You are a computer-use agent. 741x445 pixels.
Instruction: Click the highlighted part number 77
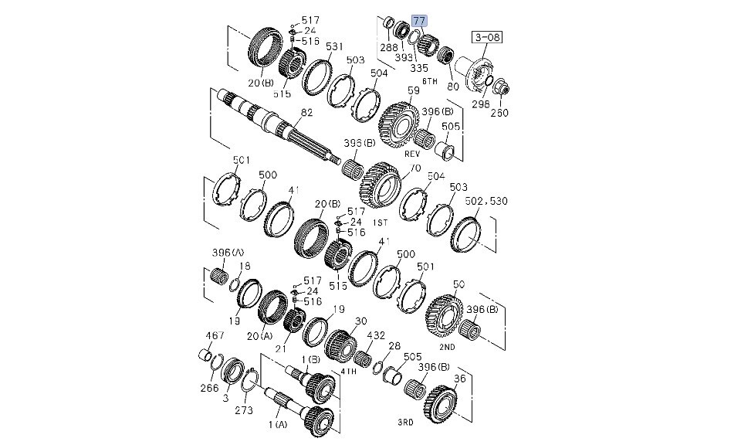pos(419,21)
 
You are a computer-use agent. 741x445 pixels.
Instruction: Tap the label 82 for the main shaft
pos(306,113)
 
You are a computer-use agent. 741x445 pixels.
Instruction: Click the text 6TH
pos(430,80)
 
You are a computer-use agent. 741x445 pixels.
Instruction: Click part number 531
pos(333,47)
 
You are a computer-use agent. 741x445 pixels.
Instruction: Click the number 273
pos(244,410)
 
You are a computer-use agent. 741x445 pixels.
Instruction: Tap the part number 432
pos(375,336)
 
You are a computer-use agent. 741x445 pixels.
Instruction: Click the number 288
pos(388,48)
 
